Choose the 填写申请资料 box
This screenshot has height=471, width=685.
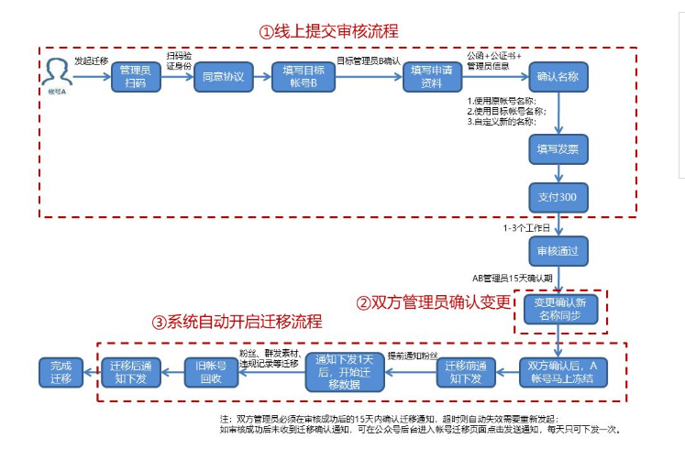click(x=434, y=77)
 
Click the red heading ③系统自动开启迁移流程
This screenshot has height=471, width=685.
click(x=237, y=322)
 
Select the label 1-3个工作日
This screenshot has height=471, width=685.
click(x=526, y=226)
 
